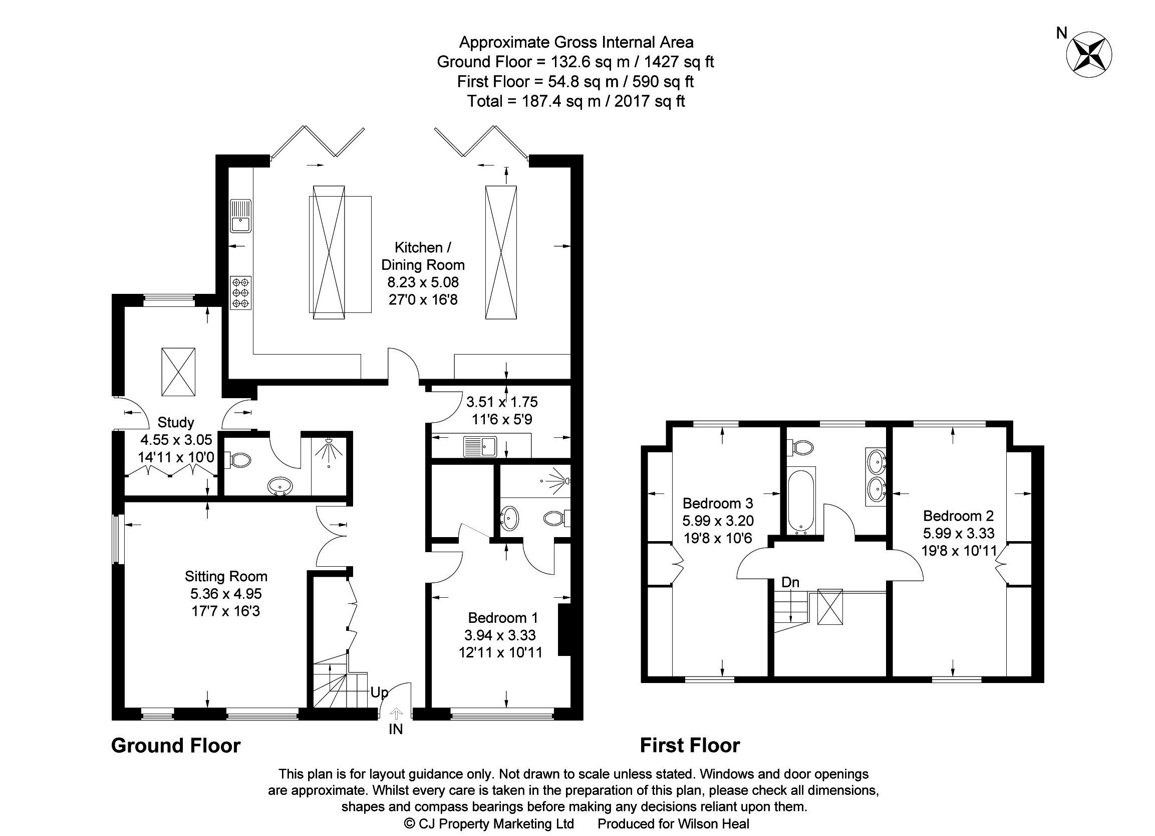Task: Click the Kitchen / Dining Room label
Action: (423, 256)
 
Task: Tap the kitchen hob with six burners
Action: (241, 292)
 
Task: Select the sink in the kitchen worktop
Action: (240, 216)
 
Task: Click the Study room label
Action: (176, 422)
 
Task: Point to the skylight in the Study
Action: (178, 372)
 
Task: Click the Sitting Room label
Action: (225, 577)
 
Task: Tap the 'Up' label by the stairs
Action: (379, 692)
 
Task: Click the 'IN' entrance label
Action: (396, 730)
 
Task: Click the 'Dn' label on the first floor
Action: (790, 582)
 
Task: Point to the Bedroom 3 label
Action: (718, 504)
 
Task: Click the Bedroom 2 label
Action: (959, 516)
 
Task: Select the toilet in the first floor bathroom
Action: (801, 448)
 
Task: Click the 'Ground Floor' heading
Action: (176, 746)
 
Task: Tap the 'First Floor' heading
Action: (690, 746)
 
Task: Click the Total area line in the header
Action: (576, 101)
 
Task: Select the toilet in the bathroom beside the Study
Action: (239, 461)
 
